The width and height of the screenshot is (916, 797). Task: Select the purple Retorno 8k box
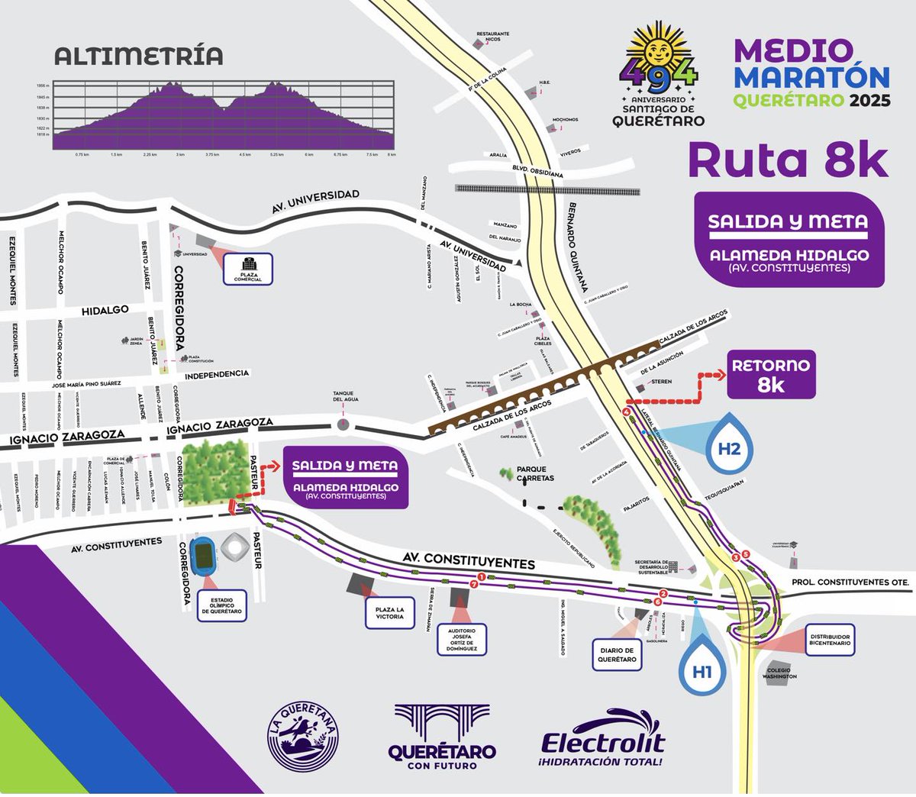point(770,374)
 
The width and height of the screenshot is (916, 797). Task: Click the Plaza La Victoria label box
point(389,612)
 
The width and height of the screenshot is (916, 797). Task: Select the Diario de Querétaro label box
point(618,655)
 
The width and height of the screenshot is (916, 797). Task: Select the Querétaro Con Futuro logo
point(442,737)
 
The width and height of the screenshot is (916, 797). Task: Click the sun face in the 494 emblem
point(659,51)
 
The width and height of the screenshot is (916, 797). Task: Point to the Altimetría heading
point(139,56)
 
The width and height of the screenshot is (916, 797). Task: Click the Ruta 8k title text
point(789,160)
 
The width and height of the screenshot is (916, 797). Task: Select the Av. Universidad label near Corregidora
point(315,202)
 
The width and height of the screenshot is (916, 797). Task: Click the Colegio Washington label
point(782,673)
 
